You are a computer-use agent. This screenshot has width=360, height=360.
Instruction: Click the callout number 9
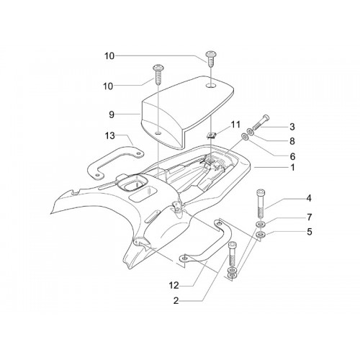click(112, 114)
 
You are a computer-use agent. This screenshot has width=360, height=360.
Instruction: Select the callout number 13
click(109, 136)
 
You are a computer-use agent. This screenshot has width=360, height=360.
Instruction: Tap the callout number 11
click(235, 125)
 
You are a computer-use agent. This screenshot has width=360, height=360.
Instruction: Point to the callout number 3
click(292, 127)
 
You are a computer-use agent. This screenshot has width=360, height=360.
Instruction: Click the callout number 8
click(292, 141)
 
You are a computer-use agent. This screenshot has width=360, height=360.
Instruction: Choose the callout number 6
click(292, 156)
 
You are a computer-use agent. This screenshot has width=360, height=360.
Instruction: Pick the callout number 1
click(292, 168)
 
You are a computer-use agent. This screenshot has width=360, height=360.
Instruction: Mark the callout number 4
click(309, 199)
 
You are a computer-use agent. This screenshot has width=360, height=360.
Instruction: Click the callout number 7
click(310, 217)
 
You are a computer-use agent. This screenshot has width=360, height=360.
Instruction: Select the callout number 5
click(310, 232)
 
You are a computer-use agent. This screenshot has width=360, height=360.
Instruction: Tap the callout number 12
click(174, 286)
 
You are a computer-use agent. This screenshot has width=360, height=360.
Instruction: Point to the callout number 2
click(176, 301)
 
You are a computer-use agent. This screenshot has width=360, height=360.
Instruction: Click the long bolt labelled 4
click(260, 204)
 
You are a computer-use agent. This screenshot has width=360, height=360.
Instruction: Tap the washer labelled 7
click(259, 225)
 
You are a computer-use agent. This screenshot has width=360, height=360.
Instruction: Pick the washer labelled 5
click(260, 234)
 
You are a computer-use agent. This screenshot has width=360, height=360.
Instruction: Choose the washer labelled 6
click(246, 137)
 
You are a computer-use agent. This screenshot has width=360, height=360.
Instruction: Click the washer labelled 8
click(251, 132)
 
